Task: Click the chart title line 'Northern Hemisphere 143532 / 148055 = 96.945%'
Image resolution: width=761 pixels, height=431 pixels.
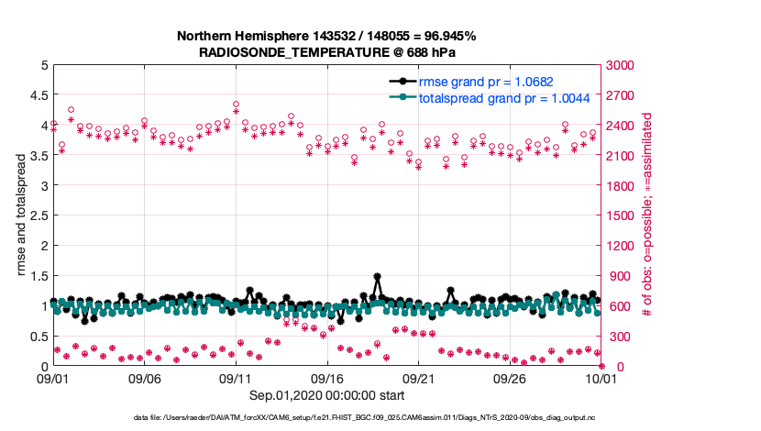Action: (x=326, y=36)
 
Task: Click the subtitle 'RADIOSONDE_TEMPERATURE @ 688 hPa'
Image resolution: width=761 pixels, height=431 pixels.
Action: (x=326, y=52)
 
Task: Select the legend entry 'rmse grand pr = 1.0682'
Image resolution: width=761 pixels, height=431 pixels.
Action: (x=485, y=82)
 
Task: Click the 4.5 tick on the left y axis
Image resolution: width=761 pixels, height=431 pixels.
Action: (x=38, y=95)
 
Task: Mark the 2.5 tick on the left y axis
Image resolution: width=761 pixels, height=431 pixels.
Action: (x=38, y=216)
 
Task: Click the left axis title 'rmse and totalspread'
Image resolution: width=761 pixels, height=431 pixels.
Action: (x=20, y=216)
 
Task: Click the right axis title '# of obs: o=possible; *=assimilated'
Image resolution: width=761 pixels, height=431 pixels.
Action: (x=647, y=216)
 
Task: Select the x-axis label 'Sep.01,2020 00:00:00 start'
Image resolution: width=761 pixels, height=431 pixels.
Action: (x=326, y=395)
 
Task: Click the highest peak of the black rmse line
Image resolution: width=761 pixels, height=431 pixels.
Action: (x=377, y=276)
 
